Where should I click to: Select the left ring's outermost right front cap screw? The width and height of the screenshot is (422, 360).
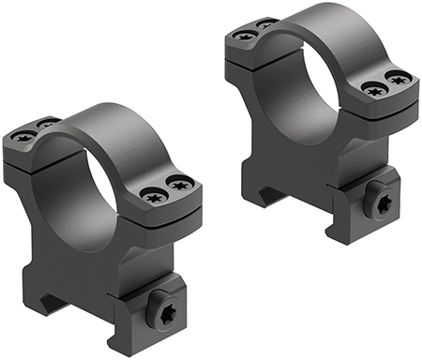[x=181, y=192]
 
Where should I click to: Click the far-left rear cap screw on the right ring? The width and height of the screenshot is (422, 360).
[x=248, y=36]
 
